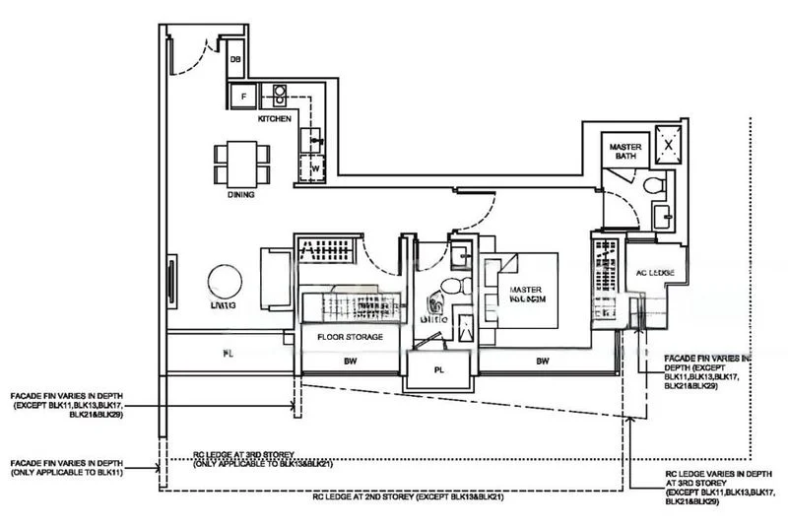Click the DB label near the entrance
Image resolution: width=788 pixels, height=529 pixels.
click(x=235, y=61)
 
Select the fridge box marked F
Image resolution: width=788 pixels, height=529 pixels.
click(x=238, y=96)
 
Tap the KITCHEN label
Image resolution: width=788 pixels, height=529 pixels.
click(x=274, y=118)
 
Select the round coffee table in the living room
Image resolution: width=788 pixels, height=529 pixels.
click(x=223, y=284)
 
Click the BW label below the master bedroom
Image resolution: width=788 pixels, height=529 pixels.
click(x=542, y=362)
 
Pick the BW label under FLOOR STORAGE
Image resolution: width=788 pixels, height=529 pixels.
click(x=350, y=362)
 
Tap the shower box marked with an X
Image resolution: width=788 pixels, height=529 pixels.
click(x=670, y=143)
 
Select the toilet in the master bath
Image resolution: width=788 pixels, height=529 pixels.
click(x=651, y=186)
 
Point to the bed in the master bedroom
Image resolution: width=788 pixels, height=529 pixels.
click(x=520, y=290)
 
